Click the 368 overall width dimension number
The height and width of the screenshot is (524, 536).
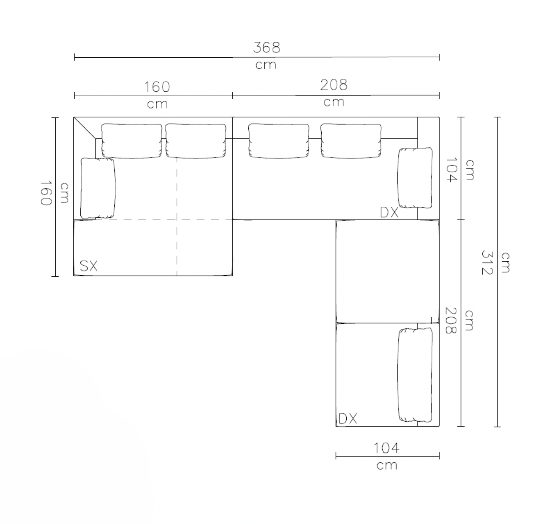266,47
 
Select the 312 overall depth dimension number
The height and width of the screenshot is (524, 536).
486,263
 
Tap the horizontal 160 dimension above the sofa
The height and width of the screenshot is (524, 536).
157,87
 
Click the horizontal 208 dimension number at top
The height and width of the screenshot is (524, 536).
334,85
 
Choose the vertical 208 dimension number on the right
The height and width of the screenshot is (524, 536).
450,320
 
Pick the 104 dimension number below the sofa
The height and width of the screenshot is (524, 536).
386,448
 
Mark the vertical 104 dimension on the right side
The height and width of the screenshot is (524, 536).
451,170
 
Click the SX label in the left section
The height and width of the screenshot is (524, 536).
89,266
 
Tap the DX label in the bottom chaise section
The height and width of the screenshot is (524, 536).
348,419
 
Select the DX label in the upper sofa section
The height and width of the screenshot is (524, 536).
389,212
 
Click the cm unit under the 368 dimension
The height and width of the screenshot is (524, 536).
266,65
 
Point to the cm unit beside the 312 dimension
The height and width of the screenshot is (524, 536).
505,263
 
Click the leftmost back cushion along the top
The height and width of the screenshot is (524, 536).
132,141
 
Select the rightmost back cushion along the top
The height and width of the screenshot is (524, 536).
351,141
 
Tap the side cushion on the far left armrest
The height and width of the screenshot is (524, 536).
98,188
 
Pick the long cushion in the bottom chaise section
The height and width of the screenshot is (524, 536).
415,374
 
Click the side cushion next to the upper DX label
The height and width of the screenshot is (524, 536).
415,178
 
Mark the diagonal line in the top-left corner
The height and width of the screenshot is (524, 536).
85,128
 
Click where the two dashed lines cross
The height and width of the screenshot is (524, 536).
177,220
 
